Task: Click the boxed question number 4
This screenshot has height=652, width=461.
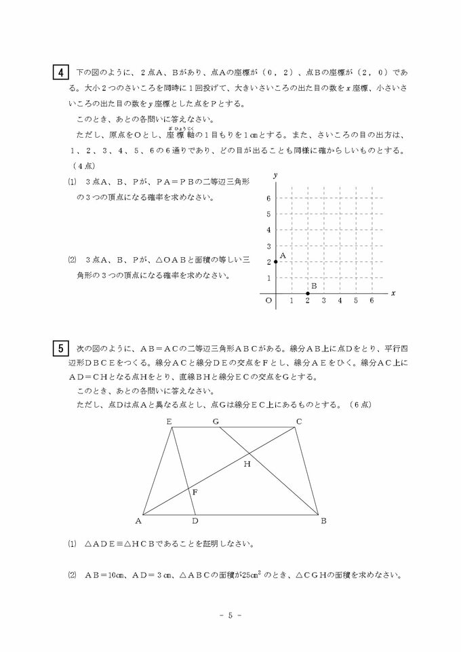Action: tap(61, 72)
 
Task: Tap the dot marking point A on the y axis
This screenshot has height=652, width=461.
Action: tap(276, 262)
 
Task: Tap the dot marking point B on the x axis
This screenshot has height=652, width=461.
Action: tap(308, 294)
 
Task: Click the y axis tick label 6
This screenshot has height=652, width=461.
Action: tap(268, 198)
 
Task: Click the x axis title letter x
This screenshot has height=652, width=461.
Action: tap(393, 293)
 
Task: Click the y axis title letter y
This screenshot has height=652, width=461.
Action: tap(275, 175)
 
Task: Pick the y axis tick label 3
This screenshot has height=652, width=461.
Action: tap(268, 246)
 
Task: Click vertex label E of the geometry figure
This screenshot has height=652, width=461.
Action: tap(169, 422)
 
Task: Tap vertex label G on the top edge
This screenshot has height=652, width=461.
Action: tap(216, 422)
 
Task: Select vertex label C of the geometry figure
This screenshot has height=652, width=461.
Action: tap(298, 422)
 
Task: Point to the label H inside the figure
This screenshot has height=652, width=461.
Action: tap(247, 464)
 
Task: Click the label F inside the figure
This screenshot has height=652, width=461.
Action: tap(196, 492)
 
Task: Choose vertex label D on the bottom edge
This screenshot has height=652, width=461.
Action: tap(195, 521)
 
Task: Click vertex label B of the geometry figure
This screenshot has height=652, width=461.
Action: tap(323, 521)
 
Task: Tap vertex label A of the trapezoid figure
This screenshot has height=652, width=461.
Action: tap(138, 521)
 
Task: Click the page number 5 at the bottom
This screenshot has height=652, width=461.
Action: tap(230, 615)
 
